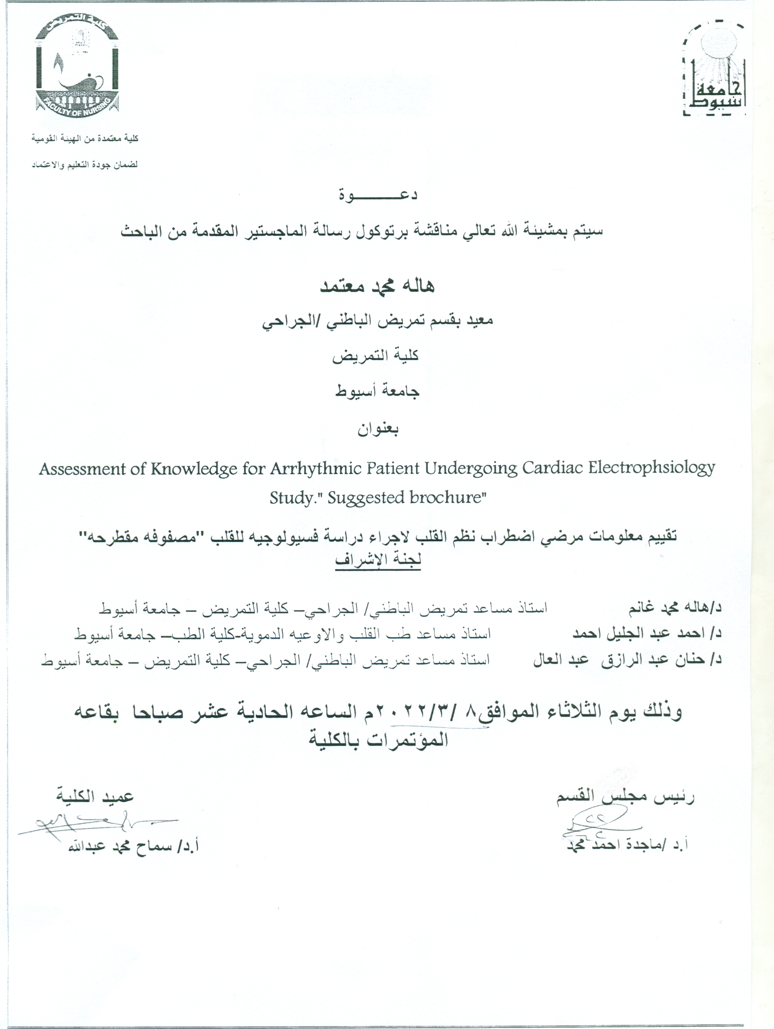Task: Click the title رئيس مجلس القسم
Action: (x=626, y=797)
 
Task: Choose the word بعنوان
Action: (x=378, y=429)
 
